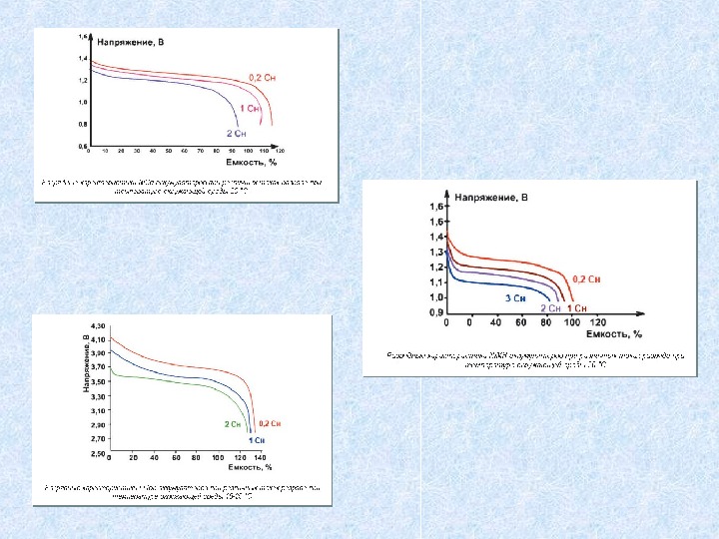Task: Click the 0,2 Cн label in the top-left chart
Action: [x=262, y=76]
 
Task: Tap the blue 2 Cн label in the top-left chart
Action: [x=236, y=133]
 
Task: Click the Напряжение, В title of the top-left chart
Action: [x=126, y=42]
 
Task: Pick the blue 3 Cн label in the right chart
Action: [x=514, y=297]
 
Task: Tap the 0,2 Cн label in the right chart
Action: [x=586, y=278]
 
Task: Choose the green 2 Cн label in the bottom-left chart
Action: [x=232, y=423]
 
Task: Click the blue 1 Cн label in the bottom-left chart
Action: [x=257, y=439]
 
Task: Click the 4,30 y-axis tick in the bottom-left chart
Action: [x=98, y=326]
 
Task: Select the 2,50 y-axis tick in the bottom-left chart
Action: [x=98, y=453]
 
